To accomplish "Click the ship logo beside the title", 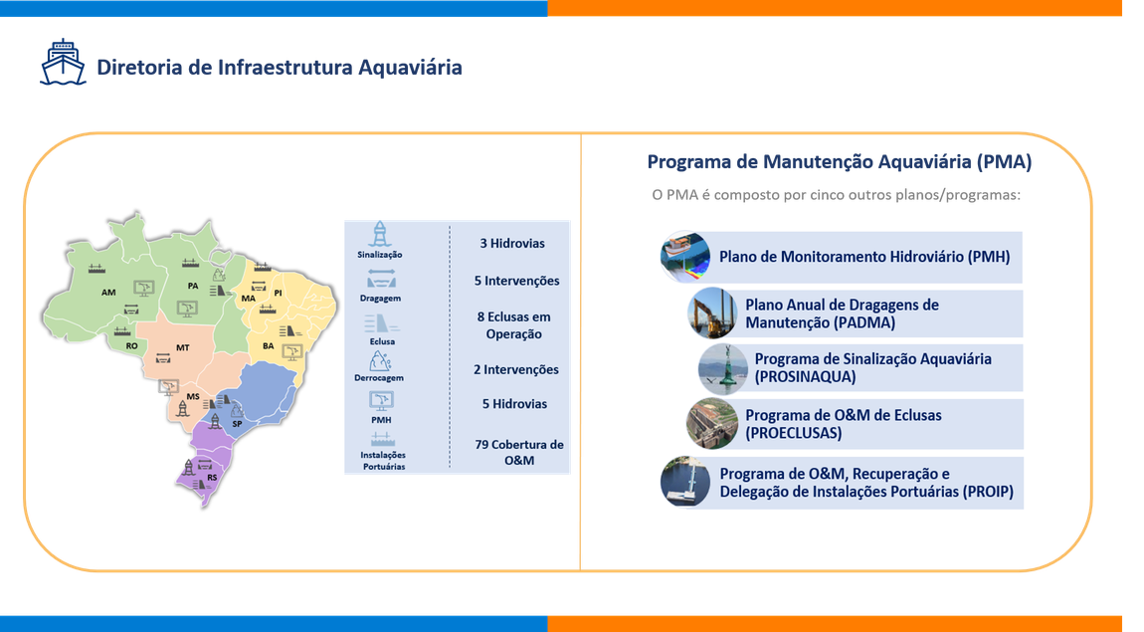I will [x=63, y=62].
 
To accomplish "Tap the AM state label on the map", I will [x=108, y=294].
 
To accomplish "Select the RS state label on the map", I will [x=212, y=478].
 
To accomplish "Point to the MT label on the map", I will [x=183, y=347].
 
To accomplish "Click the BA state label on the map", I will [x=269, y=345].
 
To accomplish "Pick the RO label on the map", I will [x=131, y=345].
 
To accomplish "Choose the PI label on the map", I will [x=279, y=293].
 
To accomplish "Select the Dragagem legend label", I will [x=380, y=298].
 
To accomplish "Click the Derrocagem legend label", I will [x=379, y=378].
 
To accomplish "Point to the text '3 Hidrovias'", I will [x=511, y=243].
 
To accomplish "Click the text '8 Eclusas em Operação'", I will [x=512, y=325].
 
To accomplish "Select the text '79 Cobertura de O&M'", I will [x=517, y=452].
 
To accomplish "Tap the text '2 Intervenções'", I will [x=516, y=369].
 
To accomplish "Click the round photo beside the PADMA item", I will [x=711, y=313].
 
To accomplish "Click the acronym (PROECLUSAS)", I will [x=794, y=434].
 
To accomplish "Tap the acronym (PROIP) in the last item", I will [x=988, y=491].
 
